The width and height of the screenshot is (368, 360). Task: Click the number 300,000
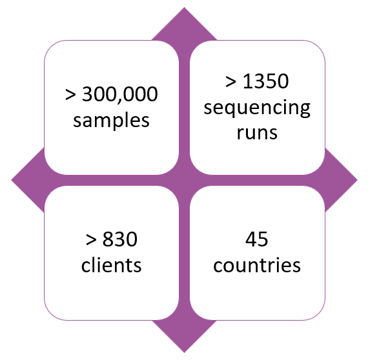click(120, 94)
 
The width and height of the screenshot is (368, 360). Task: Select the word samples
click(111, 120)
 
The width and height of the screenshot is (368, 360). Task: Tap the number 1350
click(266, 81)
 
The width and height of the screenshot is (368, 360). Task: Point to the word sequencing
click(257, 108)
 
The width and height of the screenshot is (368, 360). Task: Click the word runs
click(257, 133)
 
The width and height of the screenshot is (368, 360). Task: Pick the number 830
click(120, 239)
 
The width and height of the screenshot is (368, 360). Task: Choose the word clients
click(111, 265)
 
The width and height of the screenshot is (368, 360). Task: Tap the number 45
click(257, 239)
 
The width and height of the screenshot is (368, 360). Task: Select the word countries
click(257, 265)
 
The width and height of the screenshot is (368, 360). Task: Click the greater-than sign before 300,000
click(70, 95)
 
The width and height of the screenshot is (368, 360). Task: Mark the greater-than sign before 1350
click(230, 82)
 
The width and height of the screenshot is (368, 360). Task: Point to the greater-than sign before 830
click(91, 240)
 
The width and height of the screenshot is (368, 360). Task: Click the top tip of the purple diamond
click(184, 8)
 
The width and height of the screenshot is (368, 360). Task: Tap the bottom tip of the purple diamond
click(184, 352)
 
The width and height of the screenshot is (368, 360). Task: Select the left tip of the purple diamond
click(11, 180)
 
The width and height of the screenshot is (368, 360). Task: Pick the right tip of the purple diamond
click(358, 180)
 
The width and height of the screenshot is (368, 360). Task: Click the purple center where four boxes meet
click(184, 180)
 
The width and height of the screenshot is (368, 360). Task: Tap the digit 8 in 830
click(108, 239)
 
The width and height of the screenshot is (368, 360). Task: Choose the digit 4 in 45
click(251, 239)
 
